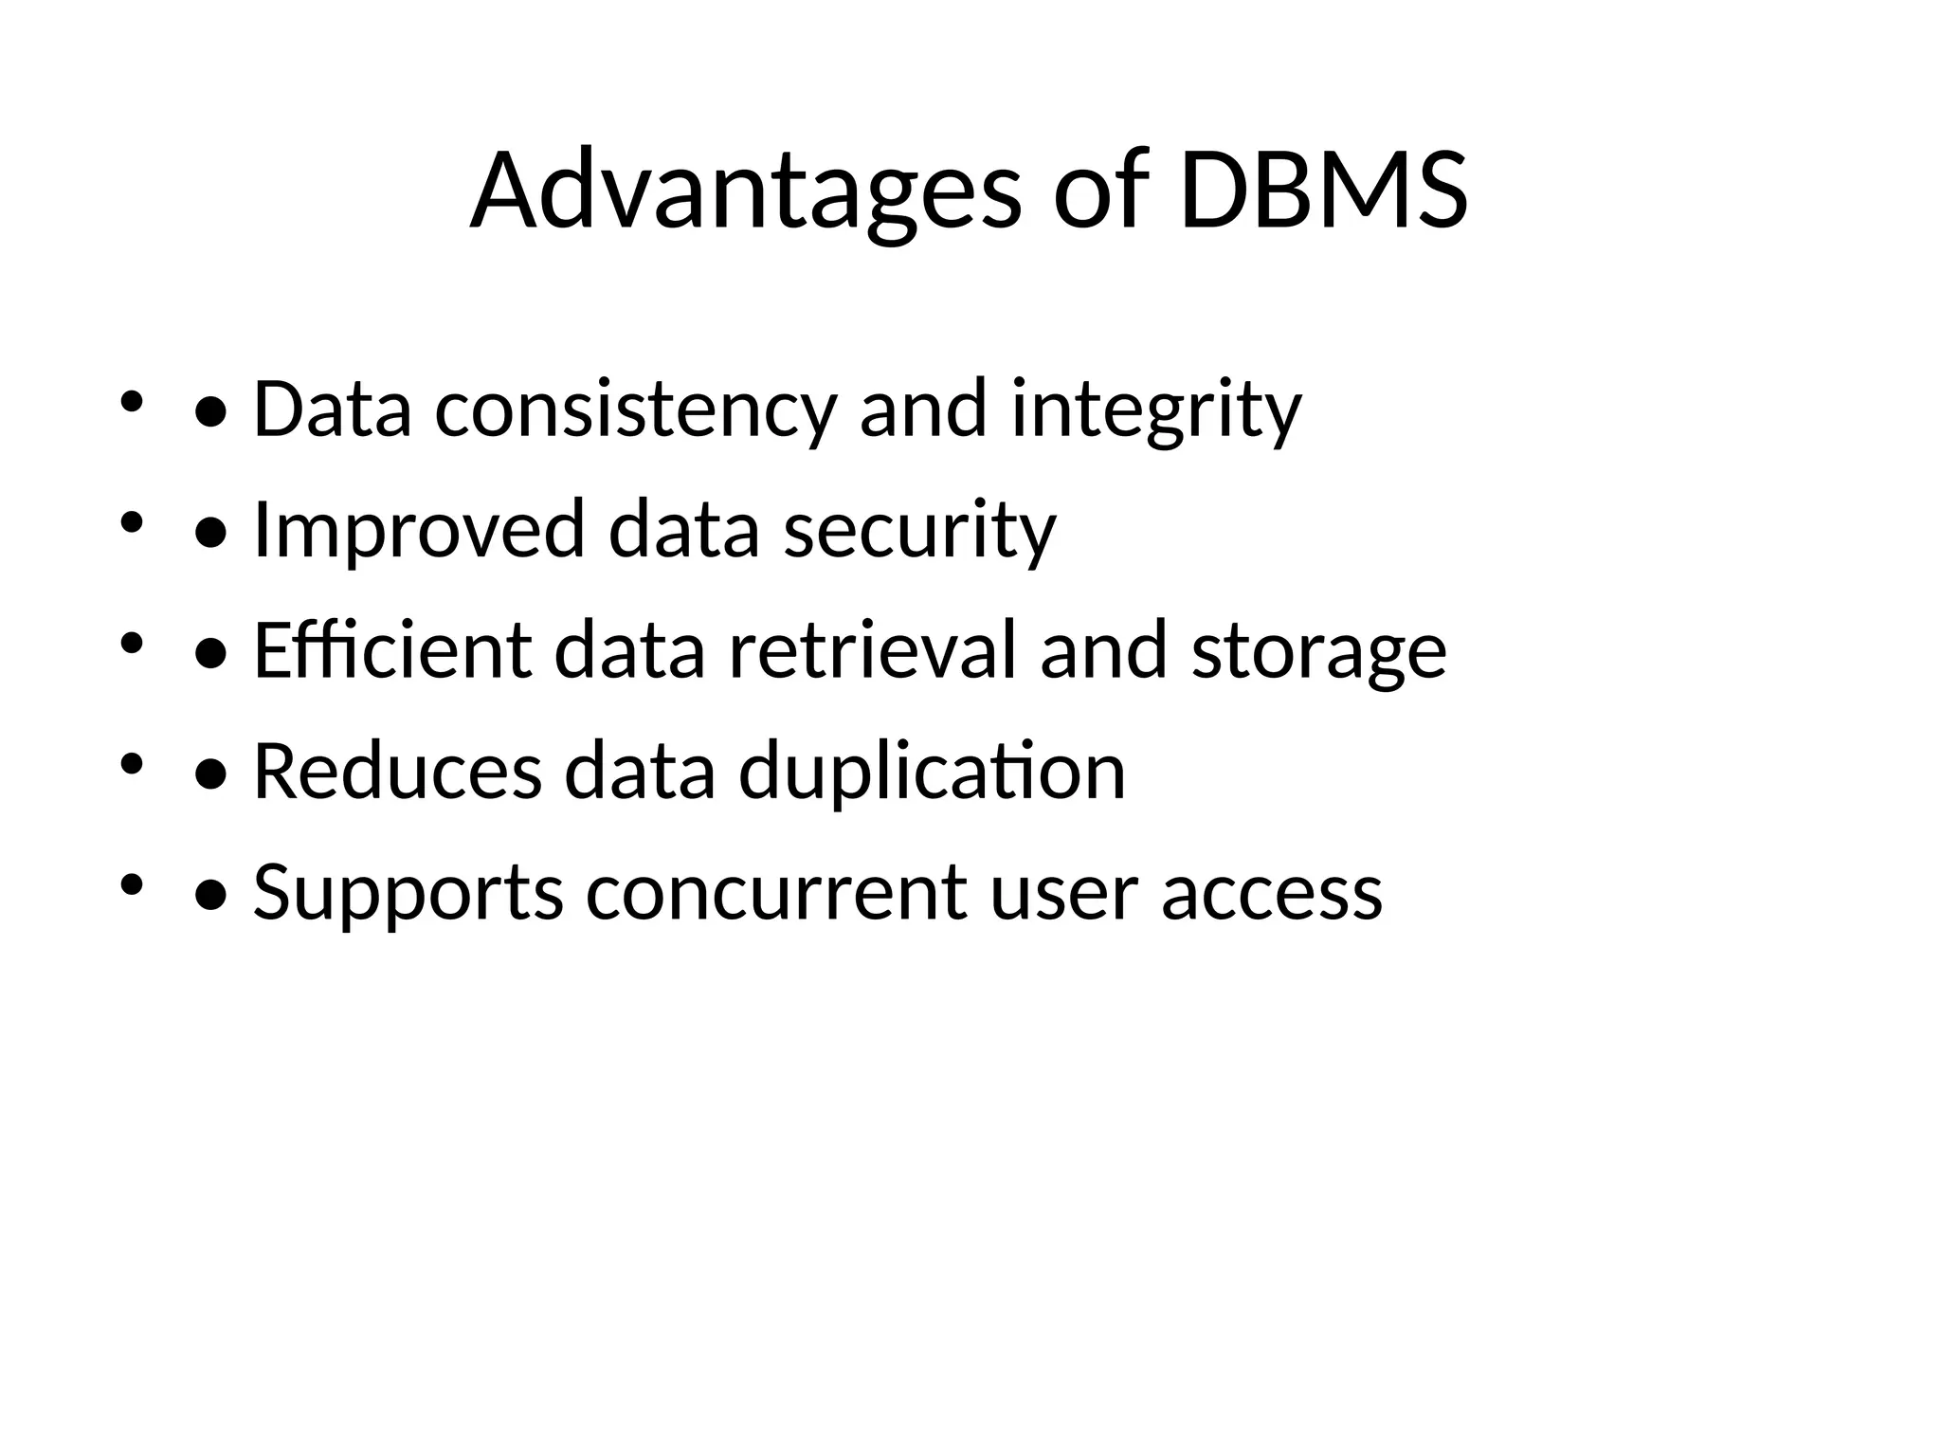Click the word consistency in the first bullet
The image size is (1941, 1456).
pos(636,410)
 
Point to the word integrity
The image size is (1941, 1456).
pos(1156,410)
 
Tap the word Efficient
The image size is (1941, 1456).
pos(392,651)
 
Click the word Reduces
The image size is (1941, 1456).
pos(398,772)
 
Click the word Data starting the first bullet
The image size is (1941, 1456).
pos(333,410)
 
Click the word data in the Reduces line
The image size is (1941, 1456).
pos(640,772)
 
